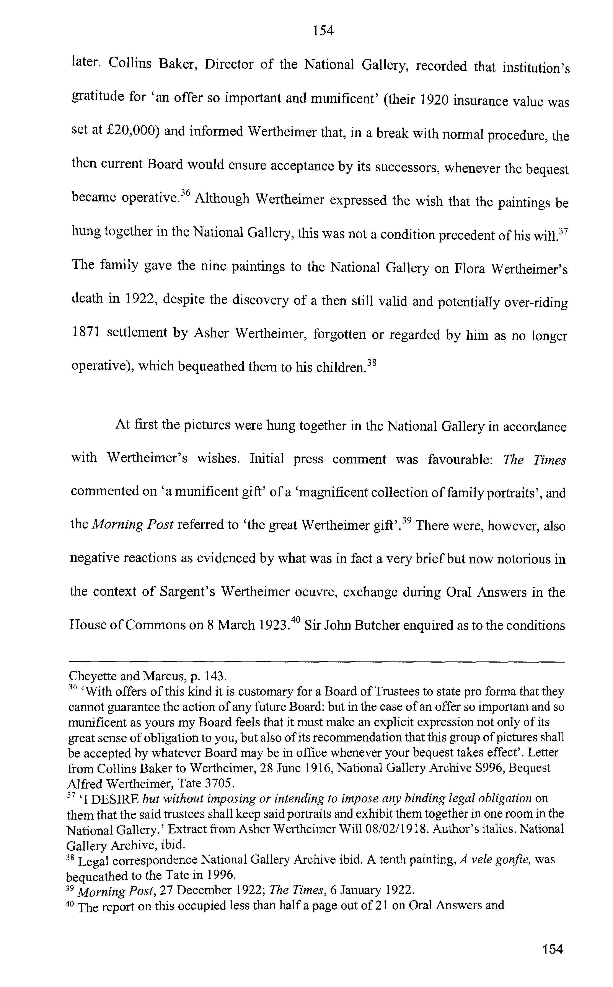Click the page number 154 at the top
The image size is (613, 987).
[323, 31]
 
